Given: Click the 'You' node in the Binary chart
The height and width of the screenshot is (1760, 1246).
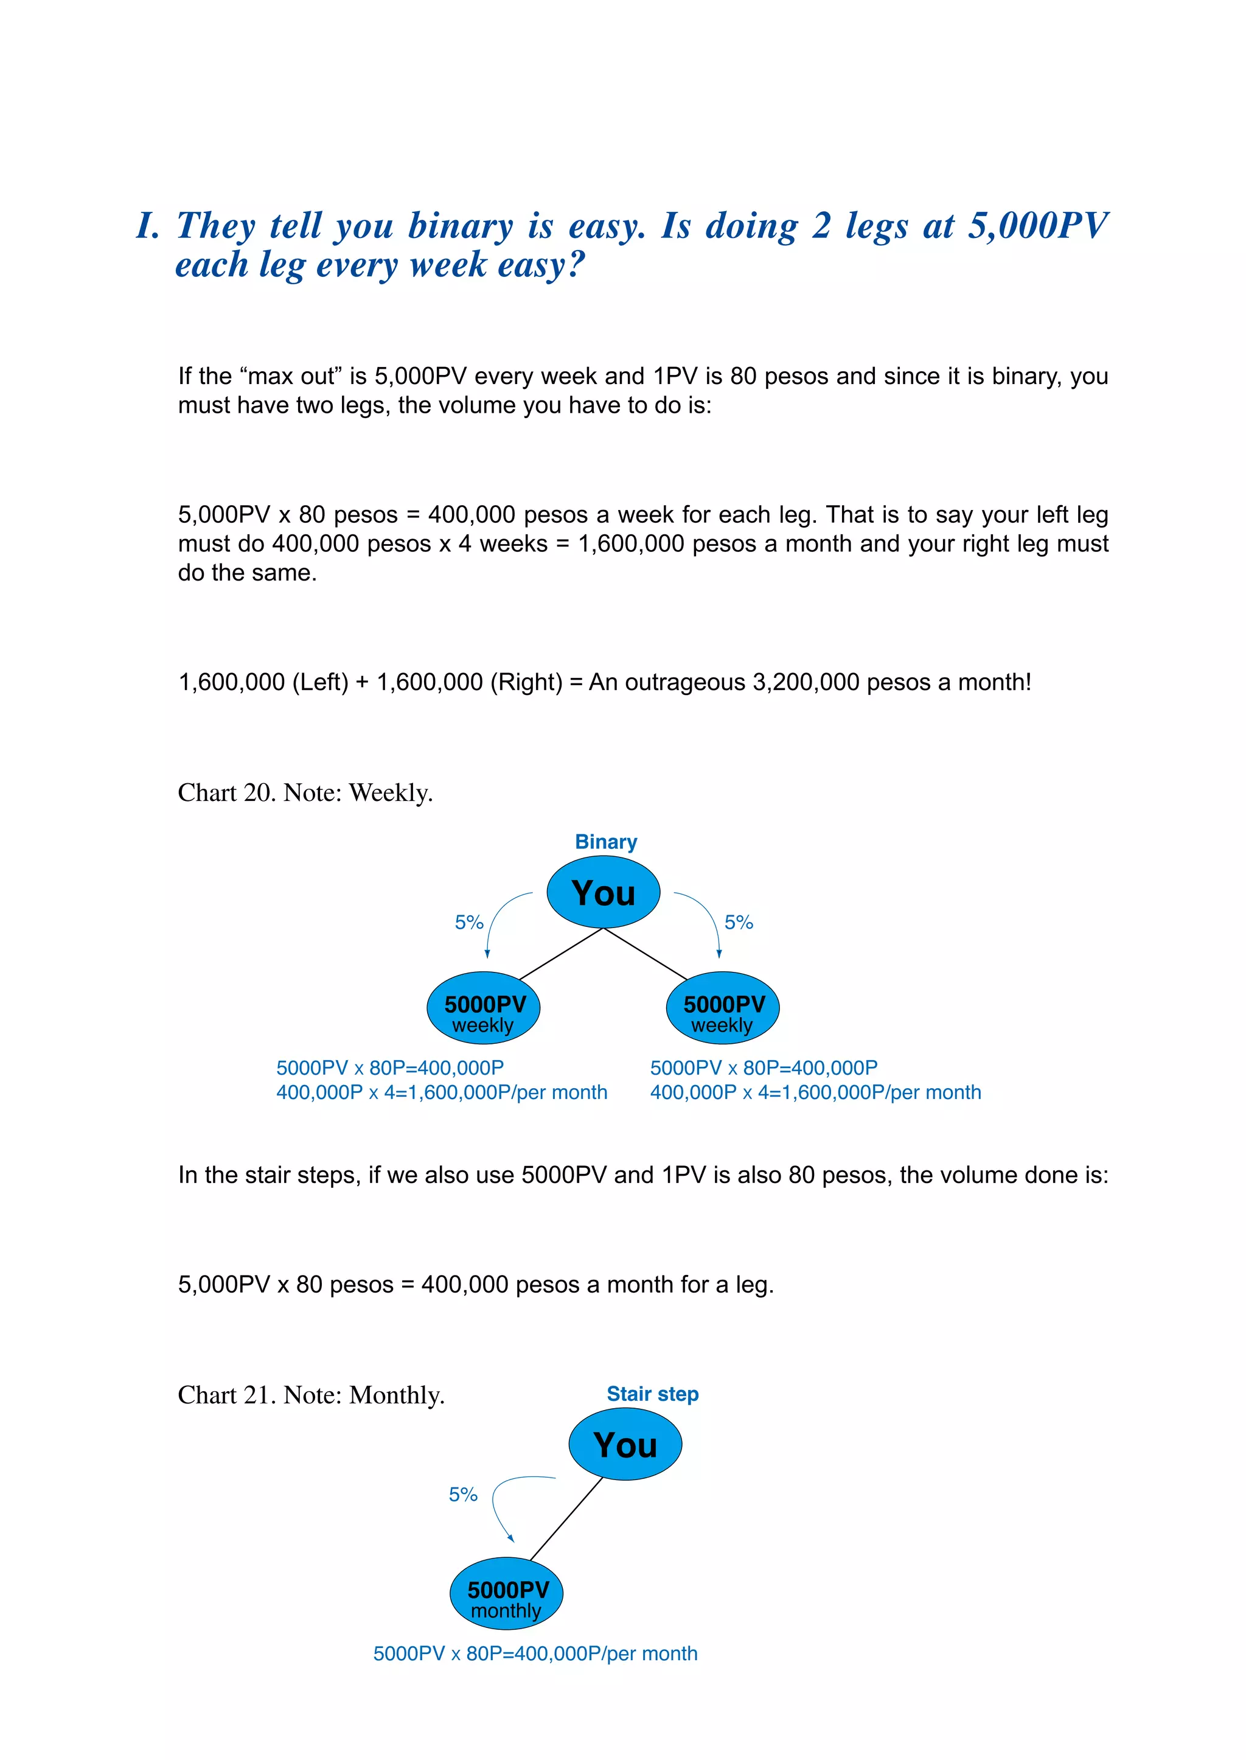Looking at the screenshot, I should pos(603,893).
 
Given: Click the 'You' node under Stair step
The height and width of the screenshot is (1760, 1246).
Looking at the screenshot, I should pos(625,1445).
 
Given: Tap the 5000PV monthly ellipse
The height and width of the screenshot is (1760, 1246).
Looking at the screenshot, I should pos(506,1593).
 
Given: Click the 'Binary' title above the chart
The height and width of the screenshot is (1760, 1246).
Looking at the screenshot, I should pos(606,842).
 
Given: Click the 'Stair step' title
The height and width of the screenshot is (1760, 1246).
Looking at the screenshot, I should pos(652,1394).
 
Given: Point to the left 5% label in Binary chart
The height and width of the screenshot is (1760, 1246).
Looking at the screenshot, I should pos(469,923).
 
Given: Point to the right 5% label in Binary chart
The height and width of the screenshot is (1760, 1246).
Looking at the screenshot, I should pos(739,923).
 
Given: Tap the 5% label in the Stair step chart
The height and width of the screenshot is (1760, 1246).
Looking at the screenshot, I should pos(462,1495).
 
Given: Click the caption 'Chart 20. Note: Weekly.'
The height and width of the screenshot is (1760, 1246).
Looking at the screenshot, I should pos(305,793).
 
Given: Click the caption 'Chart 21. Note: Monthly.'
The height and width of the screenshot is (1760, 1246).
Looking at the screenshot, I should pos(311,1395).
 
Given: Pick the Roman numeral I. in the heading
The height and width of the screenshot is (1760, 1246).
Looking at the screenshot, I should pos(147,226).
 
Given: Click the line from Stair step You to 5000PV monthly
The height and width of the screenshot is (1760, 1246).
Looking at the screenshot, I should pos(566,1519).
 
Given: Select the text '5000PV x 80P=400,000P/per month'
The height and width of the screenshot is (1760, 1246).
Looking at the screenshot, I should pos(535,1653).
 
